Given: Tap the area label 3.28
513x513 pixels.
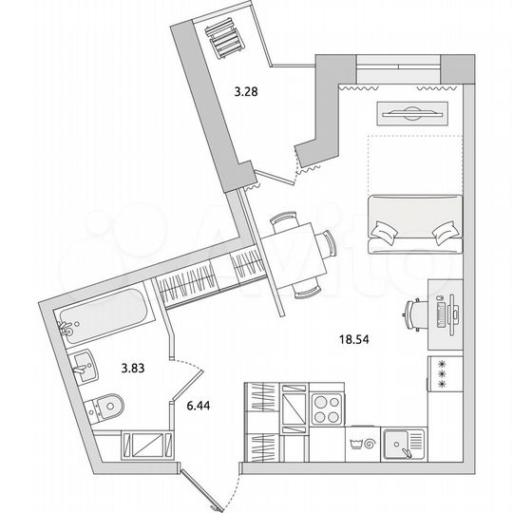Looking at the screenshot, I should coord(247,92).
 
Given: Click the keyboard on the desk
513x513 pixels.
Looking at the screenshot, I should coord(441,312).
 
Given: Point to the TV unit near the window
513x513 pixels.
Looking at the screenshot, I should coord(410,111).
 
